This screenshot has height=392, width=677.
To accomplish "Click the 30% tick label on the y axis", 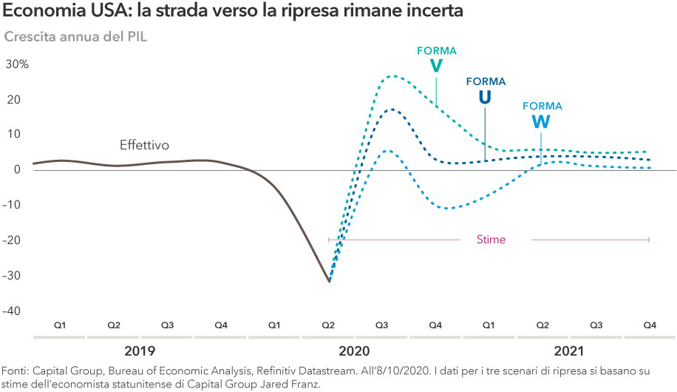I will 17,64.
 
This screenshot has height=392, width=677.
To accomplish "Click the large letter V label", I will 436,67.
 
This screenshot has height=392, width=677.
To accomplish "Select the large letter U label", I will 484,98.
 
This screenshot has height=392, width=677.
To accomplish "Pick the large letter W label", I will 541,122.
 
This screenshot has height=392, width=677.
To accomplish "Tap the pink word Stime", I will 491,240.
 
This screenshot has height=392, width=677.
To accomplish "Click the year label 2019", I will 140,351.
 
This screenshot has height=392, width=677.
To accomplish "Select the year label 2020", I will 355,351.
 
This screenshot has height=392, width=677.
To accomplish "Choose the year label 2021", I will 570,351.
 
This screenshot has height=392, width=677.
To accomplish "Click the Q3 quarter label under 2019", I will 168,325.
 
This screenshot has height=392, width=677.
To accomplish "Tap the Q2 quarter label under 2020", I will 328,325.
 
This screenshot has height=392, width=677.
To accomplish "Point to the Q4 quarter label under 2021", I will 650,325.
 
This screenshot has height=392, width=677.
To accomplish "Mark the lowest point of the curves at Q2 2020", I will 330,281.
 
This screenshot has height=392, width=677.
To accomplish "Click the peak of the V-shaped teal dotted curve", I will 392,75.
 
